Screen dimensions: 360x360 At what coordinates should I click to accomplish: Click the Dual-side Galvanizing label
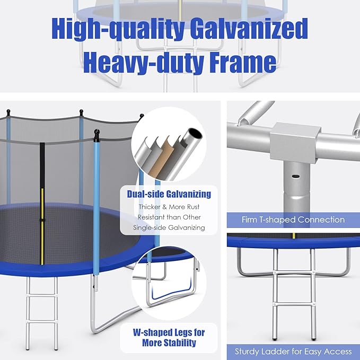tap(169, 194)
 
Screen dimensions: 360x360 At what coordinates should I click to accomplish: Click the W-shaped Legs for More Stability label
tap(169, 337)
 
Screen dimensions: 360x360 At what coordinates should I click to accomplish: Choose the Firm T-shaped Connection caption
tap(293, 219)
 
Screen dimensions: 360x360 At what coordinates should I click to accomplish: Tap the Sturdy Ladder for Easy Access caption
tap(293, 351)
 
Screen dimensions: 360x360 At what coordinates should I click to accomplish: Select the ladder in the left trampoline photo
tap(43, 303)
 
